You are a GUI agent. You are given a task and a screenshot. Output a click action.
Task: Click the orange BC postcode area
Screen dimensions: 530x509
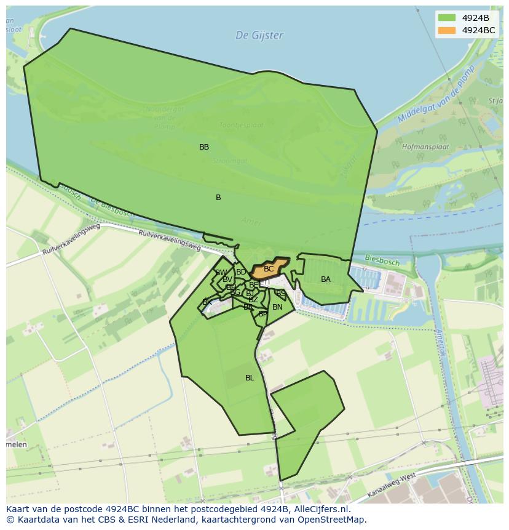tap(269, 268)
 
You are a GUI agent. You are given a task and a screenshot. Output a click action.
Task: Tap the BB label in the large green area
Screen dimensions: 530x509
tap(204, 147)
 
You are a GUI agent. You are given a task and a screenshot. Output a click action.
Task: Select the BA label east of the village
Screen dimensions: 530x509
tap(326, 279)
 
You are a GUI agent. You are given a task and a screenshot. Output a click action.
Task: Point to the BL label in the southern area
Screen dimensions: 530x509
tap(250, 378)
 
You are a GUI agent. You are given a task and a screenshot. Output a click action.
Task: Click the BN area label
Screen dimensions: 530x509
tap(277, 307)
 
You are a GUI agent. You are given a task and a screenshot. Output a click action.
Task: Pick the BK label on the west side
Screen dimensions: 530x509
tap(207, 302)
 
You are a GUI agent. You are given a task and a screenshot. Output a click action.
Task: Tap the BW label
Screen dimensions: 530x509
tap(221, 273)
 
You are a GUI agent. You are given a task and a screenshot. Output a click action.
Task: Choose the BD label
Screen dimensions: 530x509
tap(241, 272)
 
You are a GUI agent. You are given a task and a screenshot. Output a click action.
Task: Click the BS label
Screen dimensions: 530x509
tap(280, 294)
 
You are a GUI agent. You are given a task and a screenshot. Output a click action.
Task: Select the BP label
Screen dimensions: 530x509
tap(262, 314)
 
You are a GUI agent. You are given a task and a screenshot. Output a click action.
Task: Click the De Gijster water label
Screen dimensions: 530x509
tap(259, 36)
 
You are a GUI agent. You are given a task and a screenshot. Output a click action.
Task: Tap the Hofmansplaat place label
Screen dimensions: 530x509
tap(425, 148)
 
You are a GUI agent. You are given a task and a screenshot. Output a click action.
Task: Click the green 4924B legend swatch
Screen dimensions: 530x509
tap(447, 17)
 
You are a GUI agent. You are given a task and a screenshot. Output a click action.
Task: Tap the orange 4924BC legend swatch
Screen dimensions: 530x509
tap(447, 30)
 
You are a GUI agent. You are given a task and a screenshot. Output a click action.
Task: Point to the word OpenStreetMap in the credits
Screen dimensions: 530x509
tap(333, 520)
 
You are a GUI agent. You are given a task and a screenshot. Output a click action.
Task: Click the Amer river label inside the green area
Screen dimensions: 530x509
tap(252, 222)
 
